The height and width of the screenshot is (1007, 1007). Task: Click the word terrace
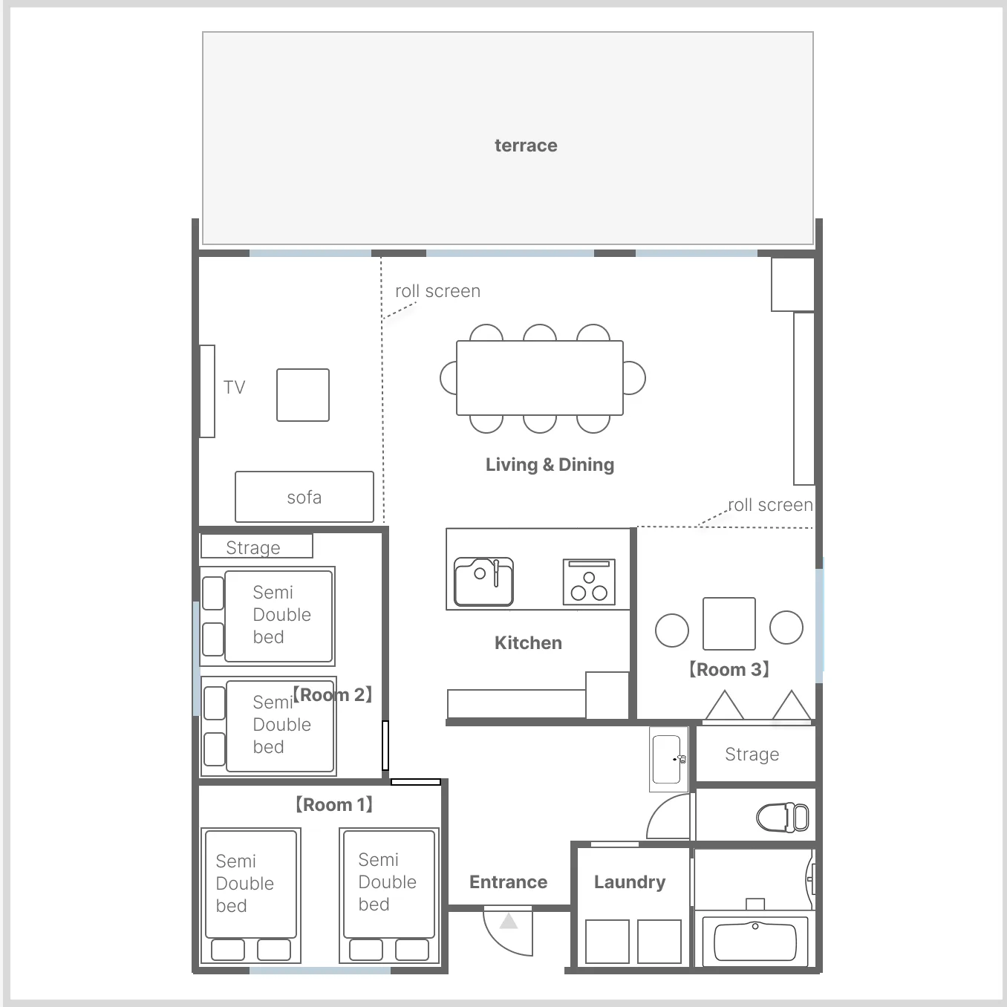pos(526,146)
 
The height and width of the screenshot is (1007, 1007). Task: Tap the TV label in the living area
pos(234,387)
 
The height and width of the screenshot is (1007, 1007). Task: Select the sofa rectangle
pos(304,497)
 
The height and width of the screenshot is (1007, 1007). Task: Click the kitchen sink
pos(483,581)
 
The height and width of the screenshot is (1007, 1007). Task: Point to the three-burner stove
pos(589,581)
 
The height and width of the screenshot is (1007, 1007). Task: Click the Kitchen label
pos(528,643)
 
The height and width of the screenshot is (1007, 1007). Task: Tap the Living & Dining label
pos(550,465)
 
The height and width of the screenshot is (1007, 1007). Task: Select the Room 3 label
pos(729,669)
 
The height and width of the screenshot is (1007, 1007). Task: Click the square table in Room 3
pos(729,623)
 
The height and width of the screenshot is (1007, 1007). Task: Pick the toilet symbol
pos(782,818)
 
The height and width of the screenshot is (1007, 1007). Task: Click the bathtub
pos(755,941)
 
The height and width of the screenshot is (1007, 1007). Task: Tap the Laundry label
pos(630,882)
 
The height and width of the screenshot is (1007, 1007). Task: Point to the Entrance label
pos(509,882)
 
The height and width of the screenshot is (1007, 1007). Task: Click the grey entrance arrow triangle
pos(509,921)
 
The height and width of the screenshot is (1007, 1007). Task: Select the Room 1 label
pos(334,805)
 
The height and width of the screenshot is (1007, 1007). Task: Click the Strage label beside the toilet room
pos(752,754)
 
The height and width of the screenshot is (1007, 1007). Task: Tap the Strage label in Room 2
pos(253,547)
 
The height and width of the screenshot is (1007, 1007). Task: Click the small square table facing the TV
pos(303,395)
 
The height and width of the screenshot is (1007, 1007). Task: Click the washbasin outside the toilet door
pos(668,759)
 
